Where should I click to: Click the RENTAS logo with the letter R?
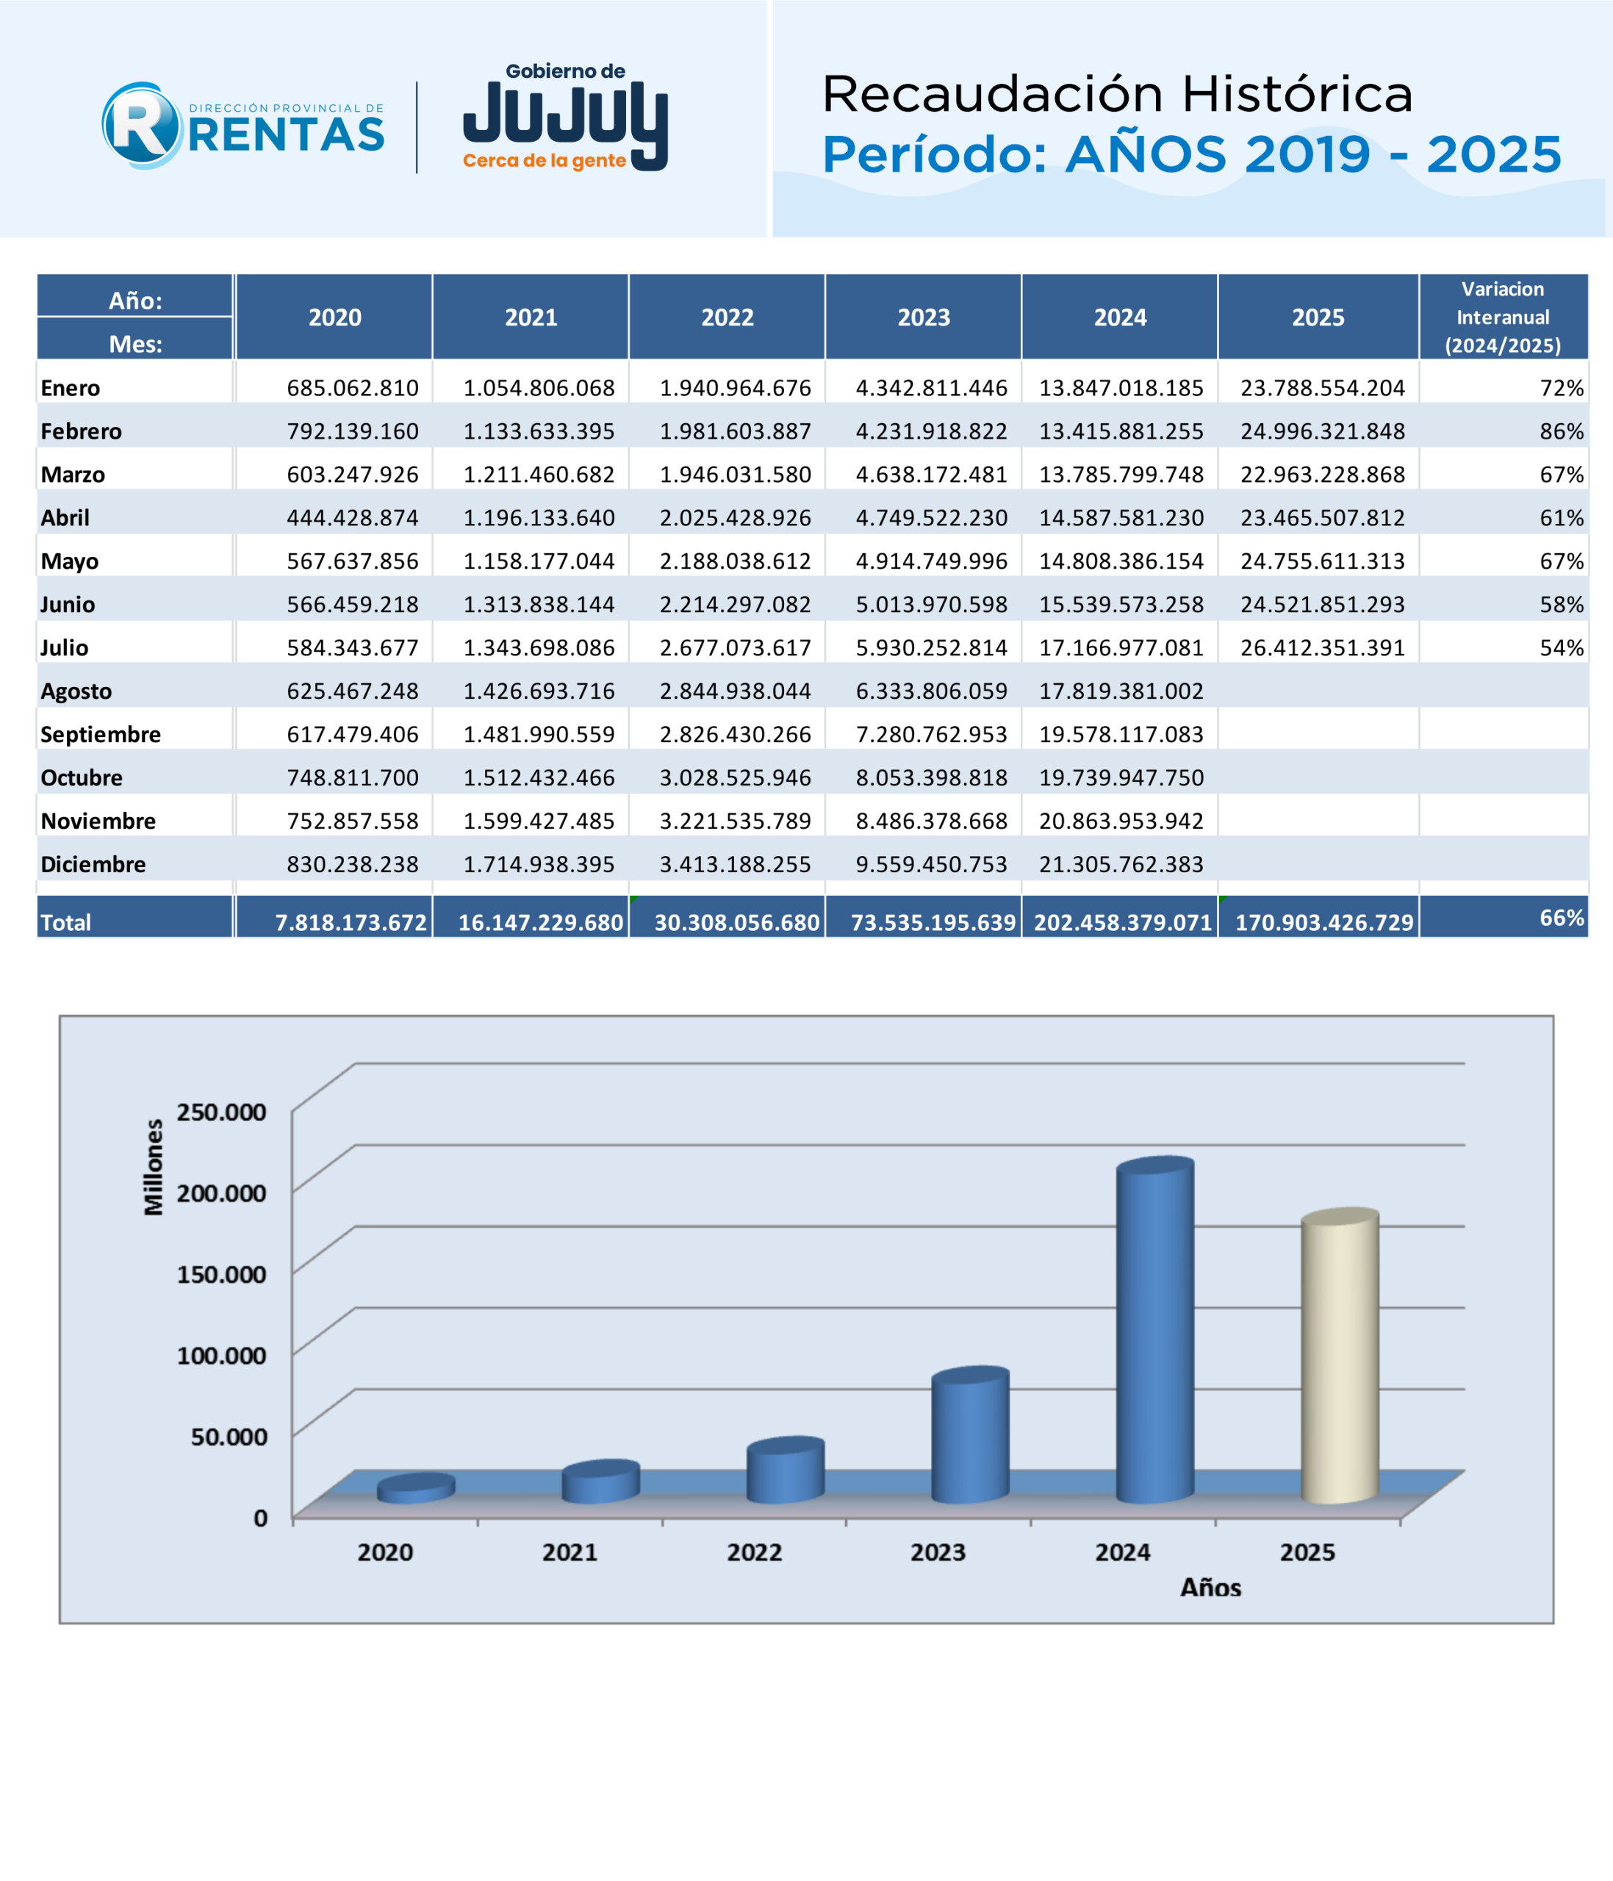[243, 126]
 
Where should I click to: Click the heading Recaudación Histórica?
[1118, 93]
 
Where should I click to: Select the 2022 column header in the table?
[727, 317]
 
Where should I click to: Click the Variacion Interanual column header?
[1504, 317]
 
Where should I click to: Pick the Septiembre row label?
[101, 735]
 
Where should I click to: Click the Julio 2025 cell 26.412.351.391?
[1323, 647]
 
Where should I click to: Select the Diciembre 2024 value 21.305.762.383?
[1121, 864]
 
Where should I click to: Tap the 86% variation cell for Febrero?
[1562, 431]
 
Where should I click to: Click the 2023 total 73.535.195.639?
[933, 922]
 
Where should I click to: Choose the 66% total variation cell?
[1562, 918]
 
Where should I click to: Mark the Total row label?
[65, 922]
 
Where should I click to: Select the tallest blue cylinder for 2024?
[1154, 1330]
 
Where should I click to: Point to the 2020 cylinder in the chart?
[416, 1489]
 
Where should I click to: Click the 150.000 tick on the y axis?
[221, 1273]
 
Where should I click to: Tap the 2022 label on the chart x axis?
[754, 1553]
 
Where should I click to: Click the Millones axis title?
[154, 1168]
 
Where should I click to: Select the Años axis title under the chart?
[1210, 1588]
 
